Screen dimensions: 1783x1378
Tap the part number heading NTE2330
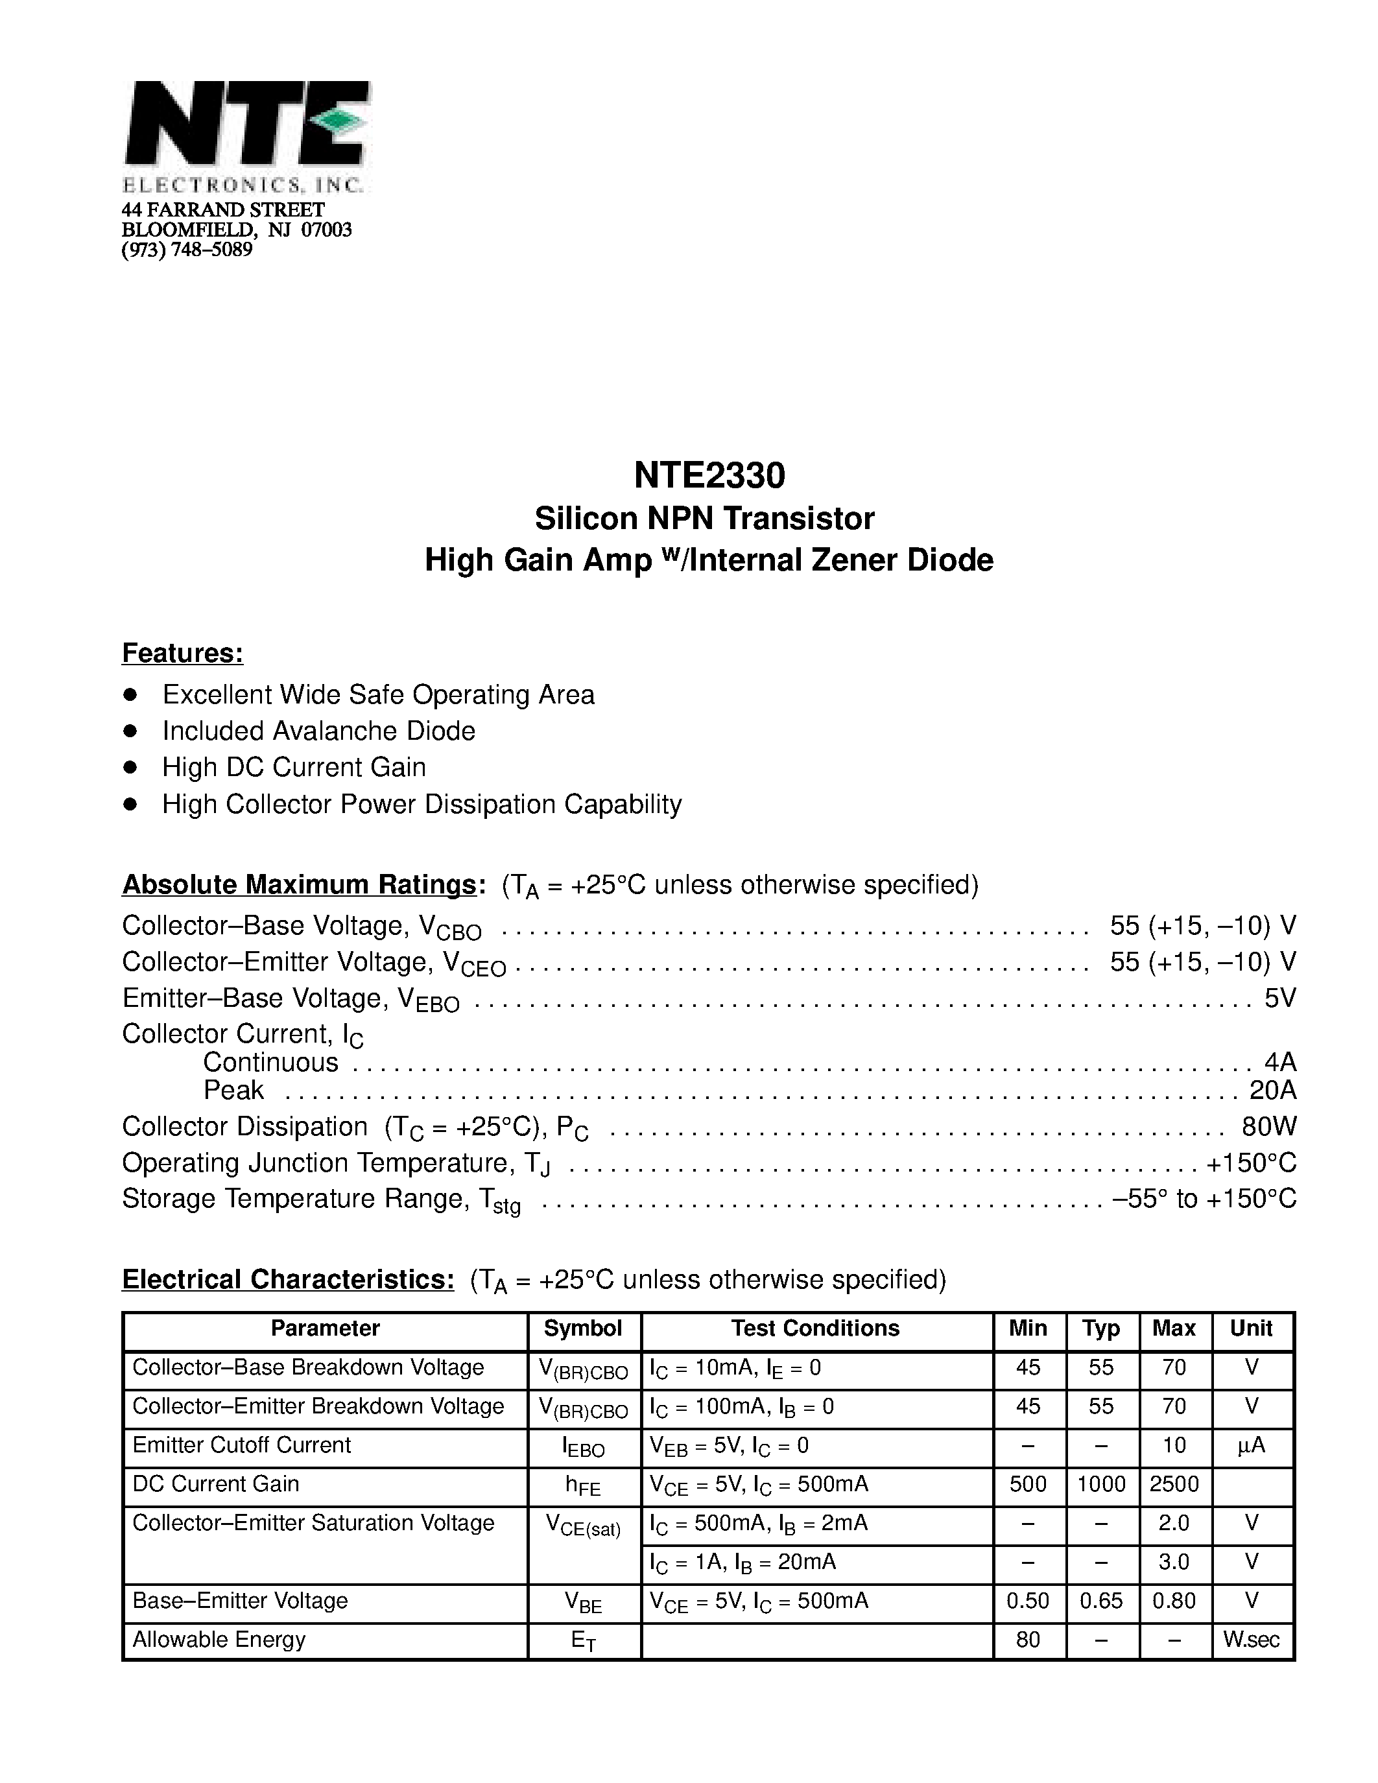(709, 475)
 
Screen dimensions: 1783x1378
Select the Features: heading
(182, 653)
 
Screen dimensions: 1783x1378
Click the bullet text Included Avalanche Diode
(318, 731)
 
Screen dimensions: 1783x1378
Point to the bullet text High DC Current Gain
(294, 768)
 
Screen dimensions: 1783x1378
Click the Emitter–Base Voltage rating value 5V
(1279, 998)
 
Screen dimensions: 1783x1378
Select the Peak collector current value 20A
(1272, 1090)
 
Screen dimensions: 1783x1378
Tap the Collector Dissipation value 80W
(1268, 1127)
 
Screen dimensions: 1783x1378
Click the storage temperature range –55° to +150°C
(1204, 1198)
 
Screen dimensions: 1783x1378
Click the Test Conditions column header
(814, 1328)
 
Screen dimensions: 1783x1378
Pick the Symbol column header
(583, 1328)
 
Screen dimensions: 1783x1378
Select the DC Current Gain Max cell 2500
(1174, 1483)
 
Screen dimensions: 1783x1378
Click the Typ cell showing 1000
(1100, 1483)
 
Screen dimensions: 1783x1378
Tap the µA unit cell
(1252, 1445)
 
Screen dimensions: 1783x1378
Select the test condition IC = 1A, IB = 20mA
(743, 1562)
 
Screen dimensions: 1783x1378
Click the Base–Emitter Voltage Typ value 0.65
(1100, 1601)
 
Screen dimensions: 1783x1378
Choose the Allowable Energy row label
(219, 1639)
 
